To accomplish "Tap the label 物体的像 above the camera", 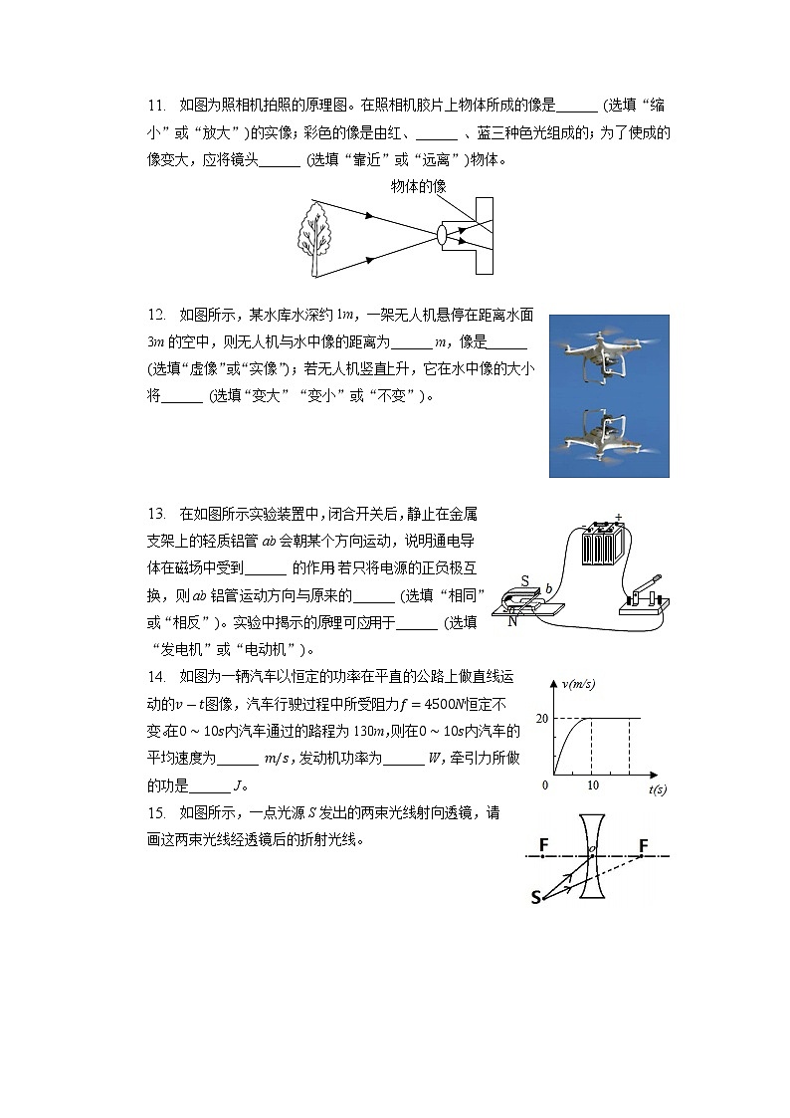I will click(418, 186).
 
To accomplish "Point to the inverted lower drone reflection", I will click(609, 434).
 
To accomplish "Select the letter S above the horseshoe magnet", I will click(525, 581).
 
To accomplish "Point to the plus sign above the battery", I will click(619, 517).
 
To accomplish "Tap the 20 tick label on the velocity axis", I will click(542, 719).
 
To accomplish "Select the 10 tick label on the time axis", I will click(593, 786).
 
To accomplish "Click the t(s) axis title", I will click(657, 789).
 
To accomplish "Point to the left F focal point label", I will click(544, 845).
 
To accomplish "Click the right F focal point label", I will click(644, 845).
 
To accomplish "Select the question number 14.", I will click(155, 677).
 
